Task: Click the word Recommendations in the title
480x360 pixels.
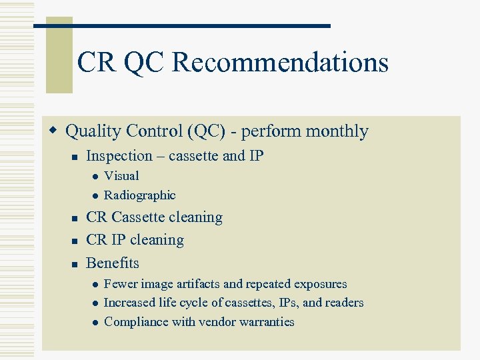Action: click(x=280, y=63)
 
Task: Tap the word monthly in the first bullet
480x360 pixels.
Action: click(x=336, y=131)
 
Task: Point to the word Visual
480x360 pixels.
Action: click(x=121, y=176)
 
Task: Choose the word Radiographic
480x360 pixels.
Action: click(x=140, y=195)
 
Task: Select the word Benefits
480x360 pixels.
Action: click(x=113, y=263)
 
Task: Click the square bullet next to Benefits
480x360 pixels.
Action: click(x=75, y=263)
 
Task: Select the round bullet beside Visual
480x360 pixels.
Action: click(x=95, y=177)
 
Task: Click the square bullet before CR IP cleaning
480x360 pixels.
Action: click(x=75, y=241)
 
